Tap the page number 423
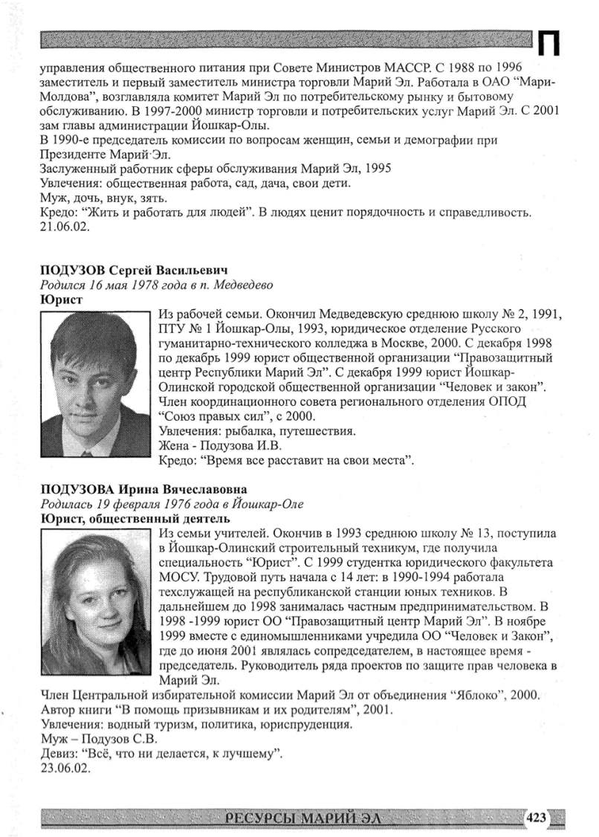[536, 818]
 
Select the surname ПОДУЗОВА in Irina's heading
[74, 489]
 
